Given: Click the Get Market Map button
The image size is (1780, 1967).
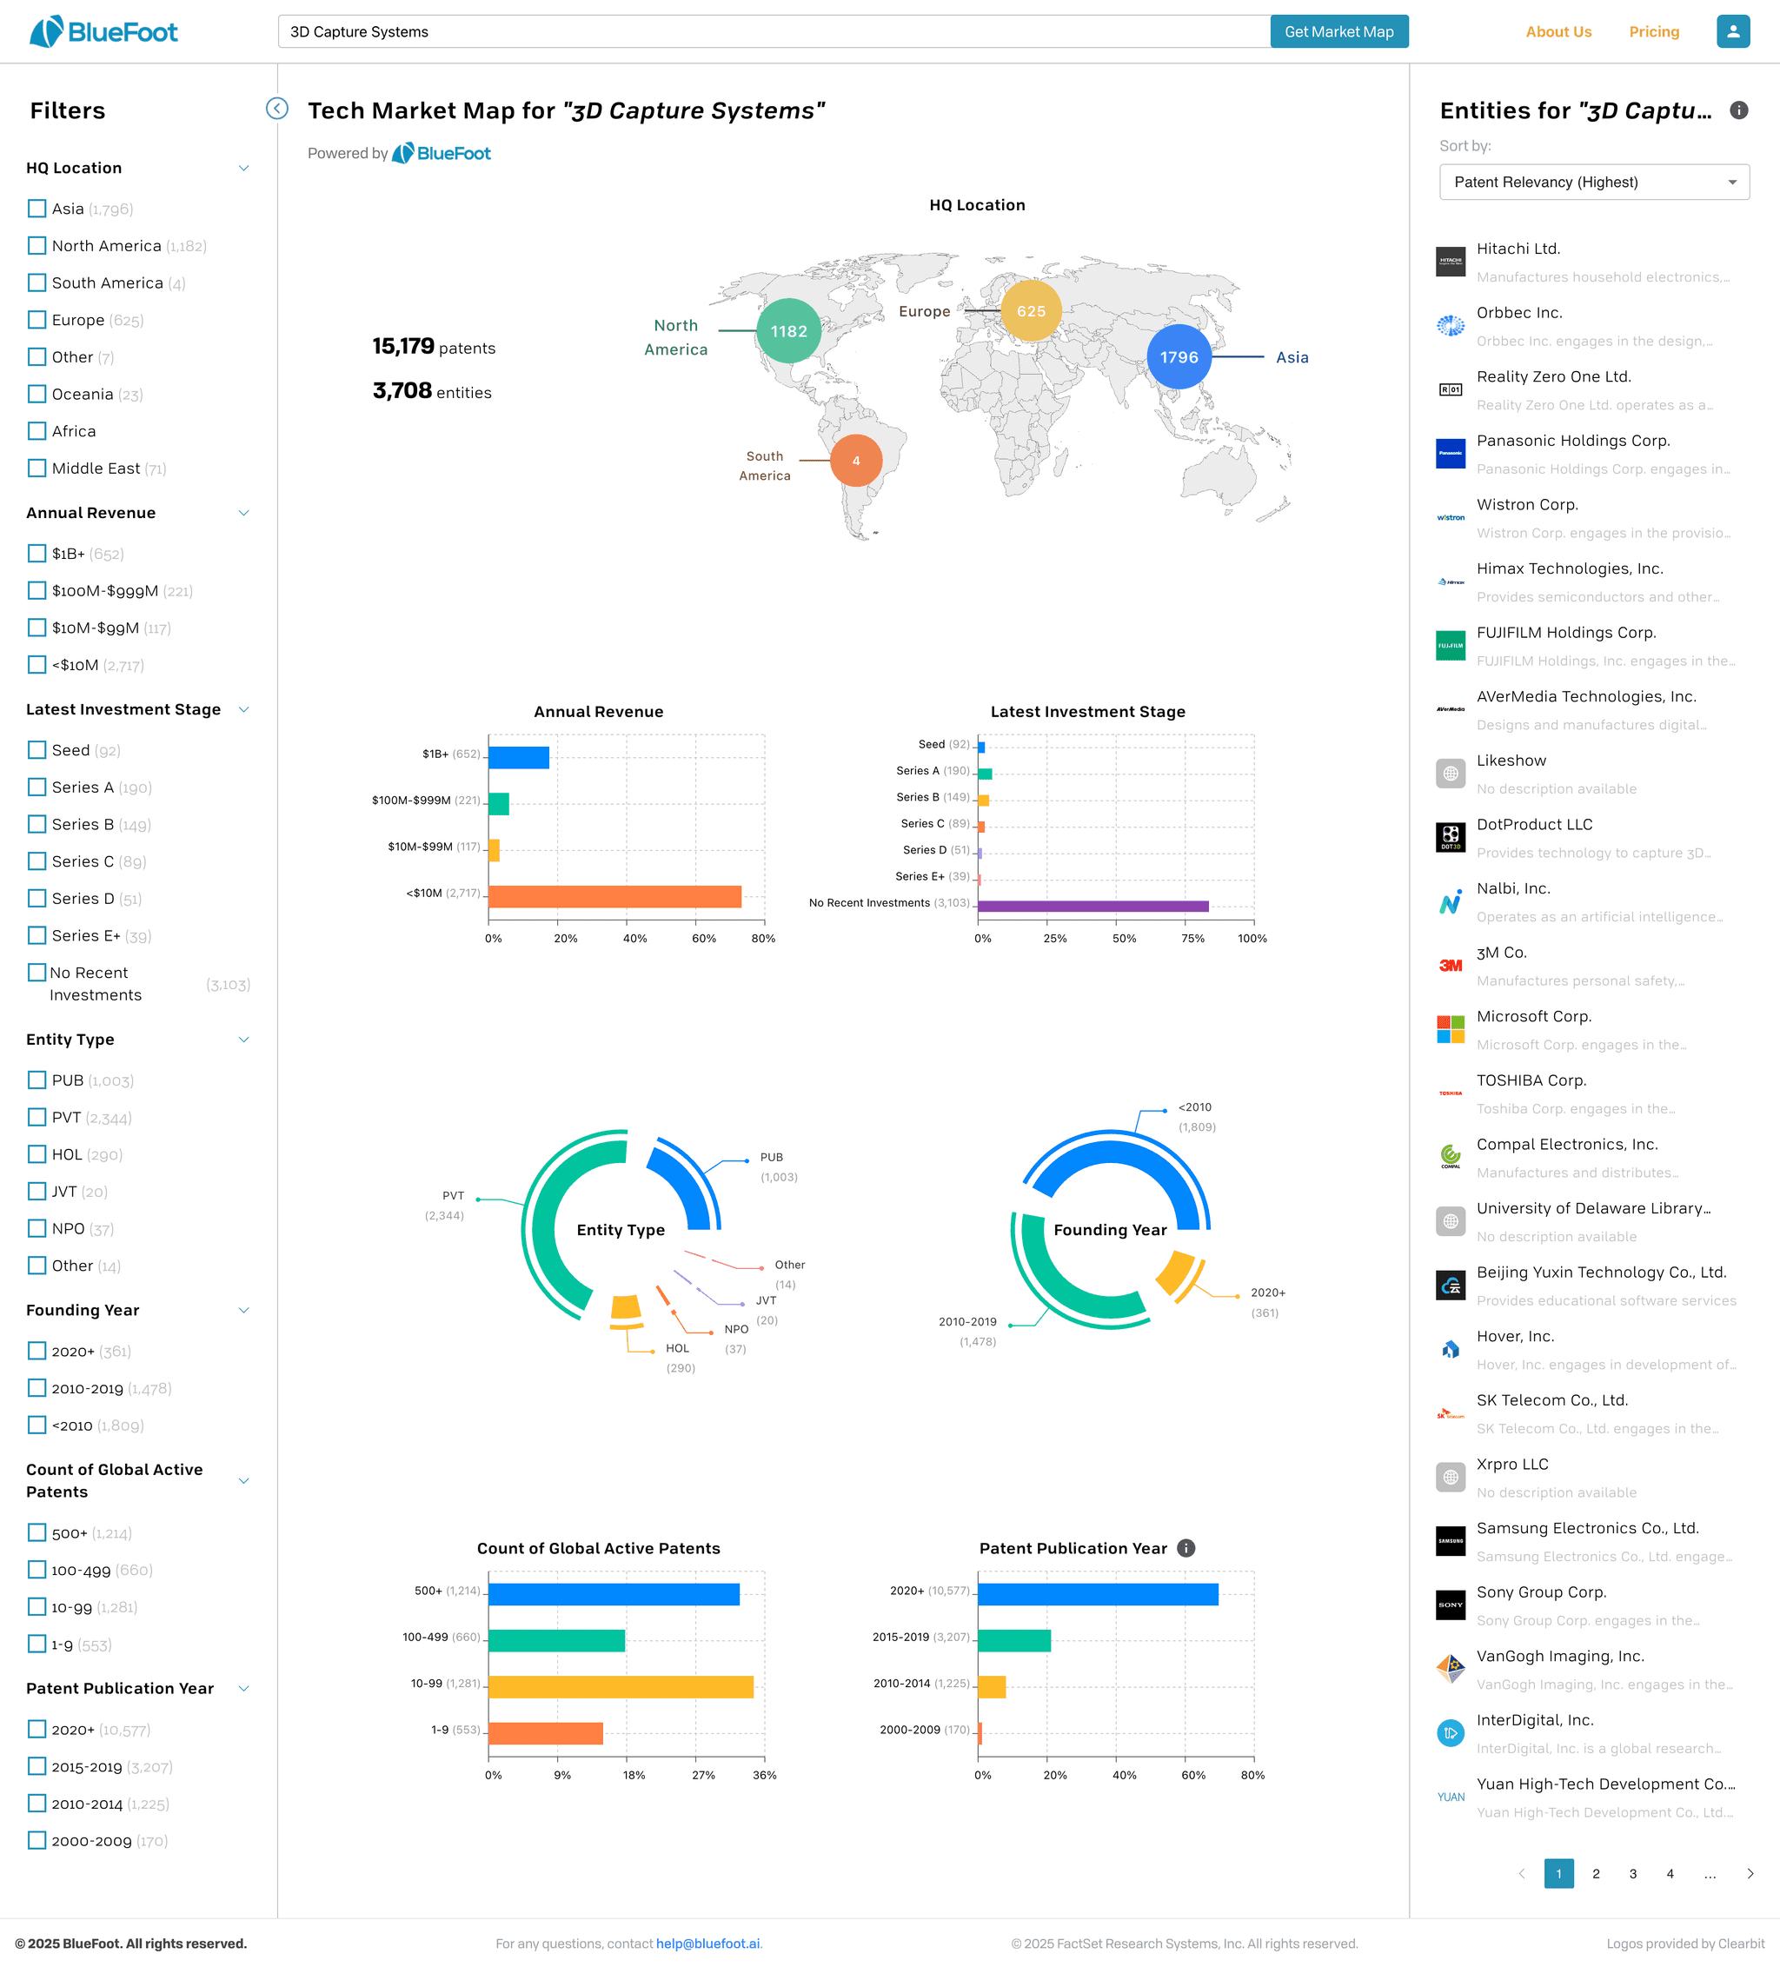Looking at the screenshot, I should point(1338,31).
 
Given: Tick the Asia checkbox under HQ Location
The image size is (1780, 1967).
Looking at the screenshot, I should point(37,209).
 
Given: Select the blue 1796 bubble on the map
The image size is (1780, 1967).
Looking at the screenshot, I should point(1179,357).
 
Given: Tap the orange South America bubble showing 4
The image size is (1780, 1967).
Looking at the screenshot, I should point(856,461).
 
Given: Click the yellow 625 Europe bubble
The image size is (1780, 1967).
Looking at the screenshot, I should point(1031,311).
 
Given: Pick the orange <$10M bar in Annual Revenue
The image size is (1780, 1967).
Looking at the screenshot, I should point(614,895).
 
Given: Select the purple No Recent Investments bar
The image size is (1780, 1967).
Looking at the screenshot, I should point(1093,907).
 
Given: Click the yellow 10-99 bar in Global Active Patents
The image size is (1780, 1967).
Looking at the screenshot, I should point(621,1686).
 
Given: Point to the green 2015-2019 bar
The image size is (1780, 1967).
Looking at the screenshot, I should point(1014,1640).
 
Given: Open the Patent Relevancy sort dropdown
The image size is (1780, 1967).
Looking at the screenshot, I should point(1594,183).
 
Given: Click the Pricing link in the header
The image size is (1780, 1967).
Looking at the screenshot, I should point(1653,32).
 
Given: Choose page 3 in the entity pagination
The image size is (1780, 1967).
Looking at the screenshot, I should point(1632,1873).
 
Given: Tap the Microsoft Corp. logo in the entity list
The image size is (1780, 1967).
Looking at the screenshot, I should point(1450,1028).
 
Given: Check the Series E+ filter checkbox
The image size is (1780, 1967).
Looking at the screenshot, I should point(37,935).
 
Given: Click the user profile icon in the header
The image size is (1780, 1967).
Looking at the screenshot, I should point(1732,31).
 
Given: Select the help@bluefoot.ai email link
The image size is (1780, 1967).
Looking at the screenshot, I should point(707,1944).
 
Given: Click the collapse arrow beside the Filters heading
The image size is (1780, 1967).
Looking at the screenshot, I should point(277,109).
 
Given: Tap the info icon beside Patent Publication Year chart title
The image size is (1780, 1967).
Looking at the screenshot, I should point(1186,1548).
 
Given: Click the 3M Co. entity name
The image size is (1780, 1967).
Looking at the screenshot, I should point(1501,953).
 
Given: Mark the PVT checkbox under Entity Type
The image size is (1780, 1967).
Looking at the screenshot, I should point(37,1117).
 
